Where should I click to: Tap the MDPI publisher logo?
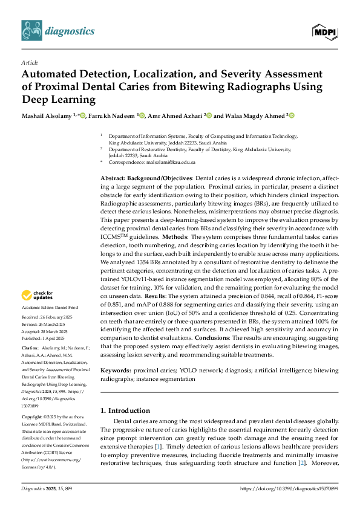pyautogui.click(x=325, y=31)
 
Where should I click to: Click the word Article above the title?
pyautogui.click(x=29, y=62)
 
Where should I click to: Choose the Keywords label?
pyautogui.click(x=116, y=369)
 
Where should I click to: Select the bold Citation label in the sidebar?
pyautogui.click(x=30, y=349)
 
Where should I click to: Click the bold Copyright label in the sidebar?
pyautogui.click(x=33, y=417)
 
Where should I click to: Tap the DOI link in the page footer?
pyautogui.click(x=289, y=488)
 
